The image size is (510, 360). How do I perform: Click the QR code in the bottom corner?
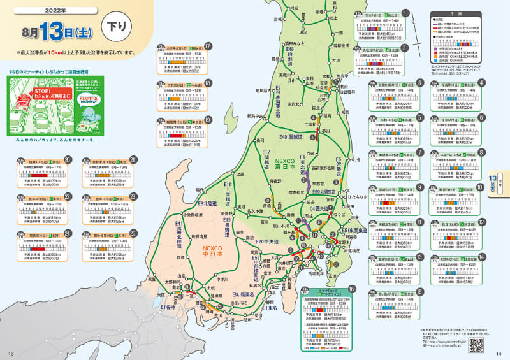476,345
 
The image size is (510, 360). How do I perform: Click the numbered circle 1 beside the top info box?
405,13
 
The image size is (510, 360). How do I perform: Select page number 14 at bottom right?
499,354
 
